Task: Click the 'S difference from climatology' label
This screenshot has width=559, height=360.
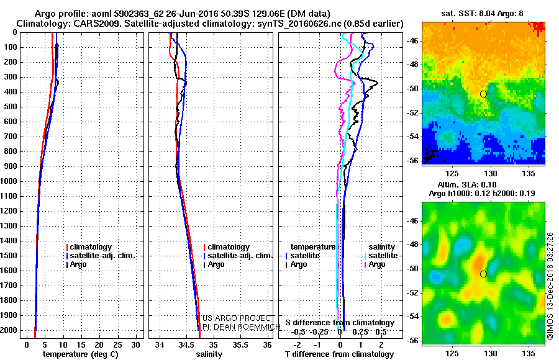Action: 340,323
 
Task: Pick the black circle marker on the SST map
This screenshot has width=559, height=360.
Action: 483,94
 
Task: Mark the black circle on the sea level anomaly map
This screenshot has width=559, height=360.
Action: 483,274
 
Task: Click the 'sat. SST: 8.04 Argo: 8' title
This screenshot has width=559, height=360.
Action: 483,14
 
